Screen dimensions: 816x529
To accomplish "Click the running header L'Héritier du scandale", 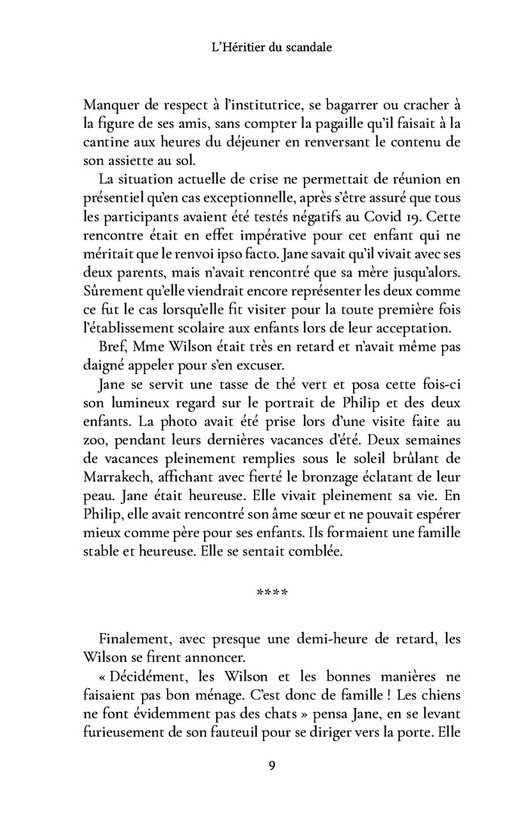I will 264,48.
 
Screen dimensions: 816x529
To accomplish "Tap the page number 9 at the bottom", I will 271,766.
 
